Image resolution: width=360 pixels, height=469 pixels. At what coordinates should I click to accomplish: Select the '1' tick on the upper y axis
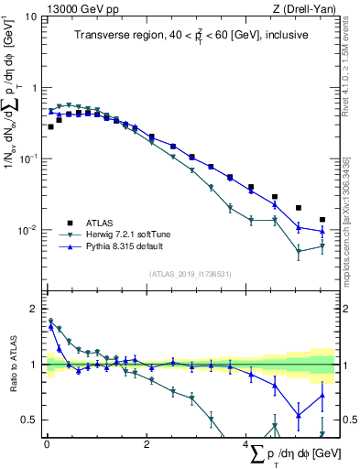click(x=34, y=88)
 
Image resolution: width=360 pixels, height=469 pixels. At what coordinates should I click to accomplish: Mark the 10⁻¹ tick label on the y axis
click(x=28, y=158)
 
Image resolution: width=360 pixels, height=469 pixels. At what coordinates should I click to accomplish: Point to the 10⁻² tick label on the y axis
click(x=28, y=230)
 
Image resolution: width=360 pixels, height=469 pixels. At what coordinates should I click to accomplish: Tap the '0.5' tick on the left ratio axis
click(x=30, y=420)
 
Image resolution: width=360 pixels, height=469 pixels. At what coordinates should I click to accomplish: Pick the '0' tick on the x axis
click(x=47, y=443)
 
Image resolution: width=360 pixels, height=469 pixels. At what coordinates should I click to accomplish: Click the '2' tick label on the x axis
click(x=147, y=443)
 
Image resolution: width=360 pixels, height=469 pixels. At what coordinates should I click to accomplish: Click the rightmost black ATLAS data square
click(x=322, y=220)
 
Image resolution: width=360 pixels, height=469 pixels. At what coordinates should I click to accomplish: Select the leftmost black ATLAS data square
click(x=50, y=127)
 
